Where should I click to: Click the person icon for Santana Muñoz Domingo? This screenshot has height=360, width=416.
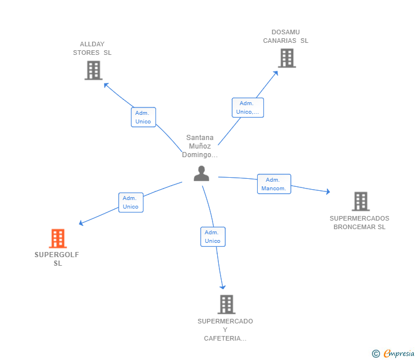tap(201, 173)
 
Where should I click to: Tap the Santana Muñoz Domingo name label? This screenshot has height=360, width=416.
tap(200, 146)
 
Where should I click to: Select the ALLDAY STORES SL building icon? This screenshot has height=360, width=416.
tap(93, 70)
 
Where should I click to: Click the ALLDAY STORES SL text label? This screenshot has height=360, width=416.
tap(93, 49)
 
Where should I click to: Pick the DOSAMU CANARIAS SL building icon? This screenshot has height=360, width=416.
tap(287, 58)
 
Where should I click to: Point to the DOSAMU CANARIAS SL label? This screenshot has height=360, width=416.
tap(286, 37)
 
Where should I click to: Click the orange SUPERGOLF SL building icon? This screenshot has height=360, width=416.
tap(58, 238)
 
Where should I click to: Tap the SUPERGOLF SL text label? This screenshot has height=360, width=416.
tap(57, 259)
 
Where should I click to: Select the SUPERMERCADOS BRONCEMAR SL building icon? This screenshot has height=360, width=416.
tap(360, 201)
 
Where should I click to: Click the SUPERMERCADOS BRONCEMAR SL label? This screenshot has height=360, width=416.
tap(359, 222)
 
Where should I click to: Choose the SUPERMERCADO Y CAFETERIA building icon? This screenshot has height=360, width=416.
tap(226, 305)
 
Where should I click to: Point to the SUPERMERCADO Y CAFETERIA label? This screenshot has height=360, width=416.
tap(225, 330)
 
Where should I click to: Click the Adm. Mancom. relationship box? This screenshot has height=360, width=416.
tap(274, 184)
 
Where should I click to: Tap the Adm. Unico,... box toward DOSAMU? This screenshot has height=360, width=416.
tap(247, 107)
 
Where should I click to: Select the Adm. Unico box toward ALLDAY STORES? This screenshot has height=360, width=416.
tap(143, 117)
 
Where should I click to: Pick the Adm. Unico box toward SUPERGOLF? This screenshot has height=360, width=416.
tap(131, 202)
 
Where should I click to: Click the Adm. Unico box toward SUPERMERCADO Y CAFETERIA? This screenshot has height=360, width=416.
tap(213, 237)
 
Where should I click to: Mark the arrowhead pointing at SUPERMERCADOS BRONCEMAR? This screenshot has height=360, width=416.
tap(327, 191)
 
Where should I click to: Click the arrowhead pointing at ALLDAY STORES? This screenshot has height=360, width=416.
tap(106, 85)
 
